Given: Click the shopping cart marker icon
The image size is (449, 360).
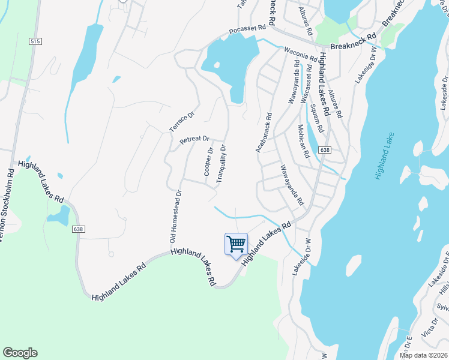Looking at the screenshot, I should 237,244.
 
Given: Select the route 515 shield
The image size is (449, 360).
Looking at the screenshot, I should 34,41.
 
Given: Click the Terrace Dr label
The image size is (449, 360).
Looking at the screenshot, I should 182,122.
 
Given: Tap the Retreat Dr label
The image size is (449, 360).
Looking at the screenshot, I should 194,141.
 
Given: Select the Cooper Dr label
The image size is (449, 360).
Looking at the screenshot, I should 208,162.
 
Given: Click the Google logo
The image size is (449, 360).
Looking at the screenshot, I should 20,353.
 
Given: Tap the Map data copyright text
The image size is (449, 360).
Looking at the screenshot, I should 424,355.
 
